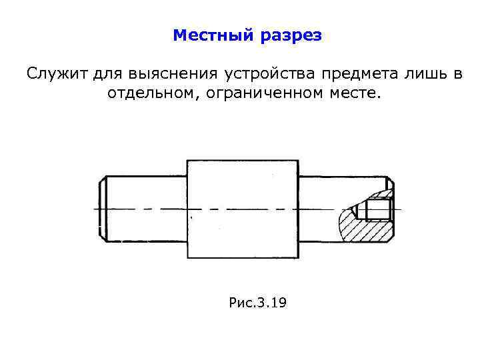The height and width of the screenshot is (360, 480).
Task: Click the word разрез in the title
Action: click(291, 35)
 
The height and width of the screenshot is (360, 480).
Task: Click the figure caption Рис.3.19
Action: click(257, 303)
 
